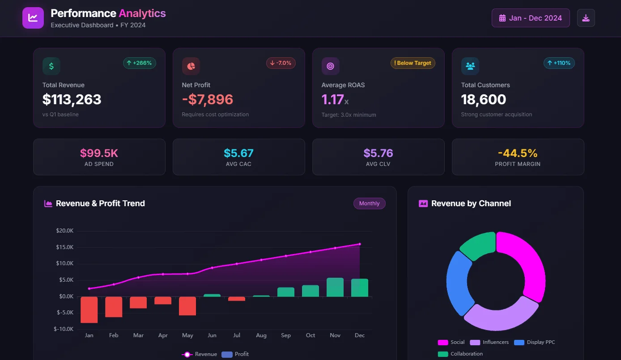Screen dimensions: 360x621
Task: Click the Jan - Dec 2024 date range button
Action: coord(531,18)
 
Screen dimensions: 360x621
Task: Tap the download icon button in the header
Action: coord(586,18)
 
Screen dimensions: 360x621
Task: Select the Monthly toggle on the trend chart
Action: coord(369,203)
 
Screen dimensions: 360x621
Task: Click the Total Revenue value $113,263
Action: coord(72,99)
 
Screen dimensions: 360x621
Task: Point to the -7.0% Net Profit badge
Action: coord(281,63)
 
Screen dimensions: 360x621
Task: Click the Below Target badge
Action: coord(413,63)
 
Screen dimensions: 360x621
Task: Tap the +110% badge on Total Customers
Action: coord(559,63)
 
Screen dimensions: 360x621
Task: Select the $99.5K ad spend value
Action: coord(99,153)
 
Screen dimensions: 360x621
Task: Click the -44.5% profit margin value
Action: coord(518,153)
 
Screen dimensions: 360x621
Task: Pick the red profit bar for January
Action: coord(89,309)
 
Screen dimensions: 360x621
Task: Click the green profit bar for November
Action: coord(335,287)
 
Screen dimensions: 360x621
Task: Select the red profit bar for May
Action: coord(187,306)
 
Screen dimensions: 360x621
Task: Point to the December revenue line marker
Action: coord(360,244)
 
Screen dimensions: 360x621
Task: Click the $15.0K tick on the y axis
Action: coord(65,247)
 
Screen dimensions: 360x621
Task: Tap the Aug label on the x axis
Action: coord(261,335)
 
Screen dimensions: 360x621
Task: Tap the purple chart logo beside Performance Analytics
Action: coord(33,18)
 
